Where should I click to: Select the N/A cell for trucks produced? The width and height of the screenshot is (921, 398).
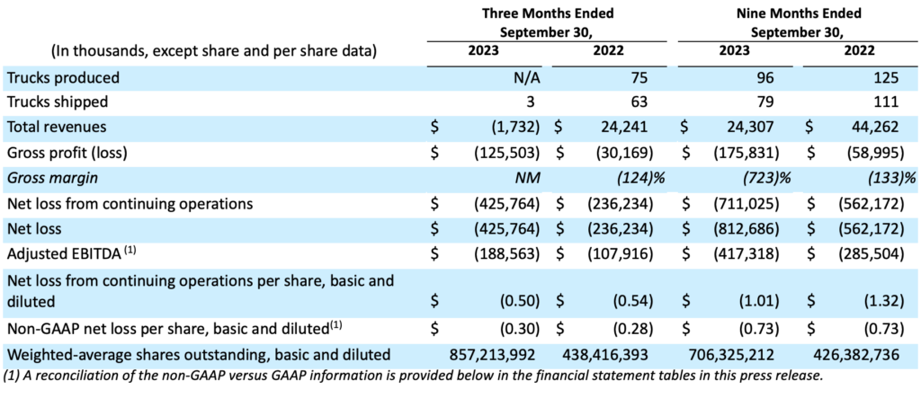[527, 77]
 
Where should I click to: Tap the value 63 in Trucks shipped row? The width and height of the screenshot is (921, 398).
[639, 102]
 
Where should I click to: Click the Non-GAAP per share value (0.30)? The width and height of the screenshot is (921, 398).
[520, 329]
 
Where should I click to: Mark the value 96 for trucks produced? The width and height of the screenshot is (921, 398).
[770, 77]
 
